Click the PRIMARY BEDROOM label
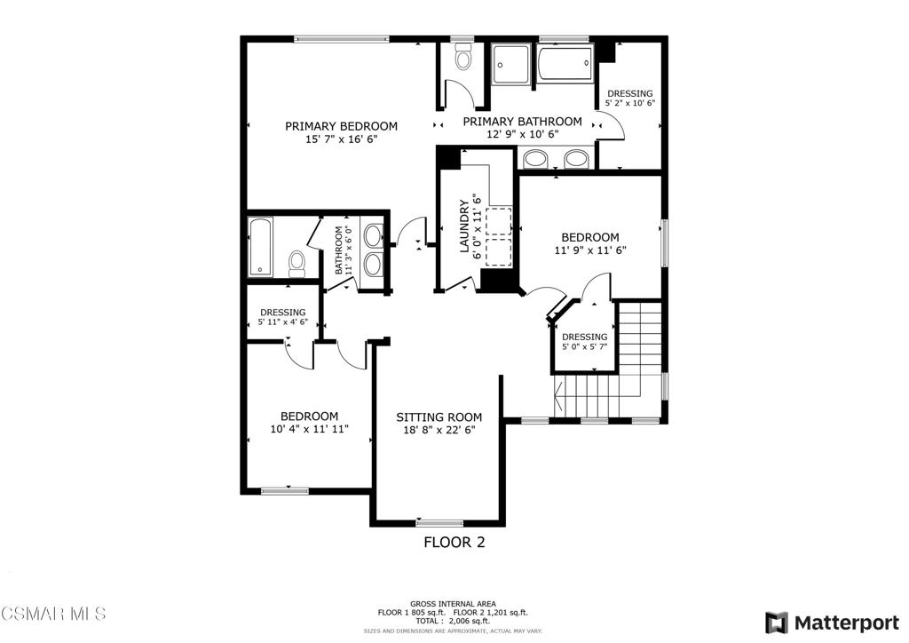[341, 126]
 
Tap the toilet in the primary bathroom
[462, 57]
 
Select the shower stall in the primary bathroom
[510, 64]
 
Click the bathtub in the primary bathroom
[565, 65]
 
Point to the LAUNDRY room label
[463, 226]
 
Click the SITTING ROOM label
[439, 417]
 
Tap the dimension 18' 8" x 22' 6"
[439, 430]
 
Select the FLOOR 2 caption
[454, 542]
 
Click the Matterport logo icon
[776, 623]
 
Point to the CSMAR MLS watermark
[53, 614]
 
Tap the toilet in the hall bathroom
[296, 263]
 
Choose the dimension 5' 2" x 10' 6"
[630, 103]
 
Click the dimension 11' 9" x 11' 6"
[590, 250]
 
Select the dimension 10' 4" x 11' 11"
[309, 429]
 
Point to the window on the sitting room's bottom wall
[439, 523]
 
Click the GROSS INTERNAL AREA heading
[453, 604]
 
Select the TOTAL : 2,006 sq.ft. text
[453, 621]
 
